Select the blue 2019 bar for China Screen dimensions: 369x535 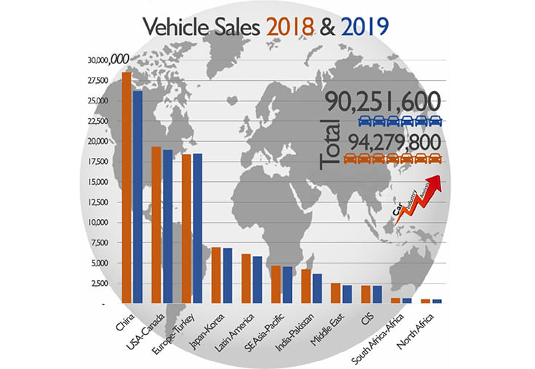pyautogui.click(x=138, y=197)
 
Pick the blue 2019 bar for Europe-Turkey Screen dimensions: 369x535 pyautogui.click(x=197, y=228)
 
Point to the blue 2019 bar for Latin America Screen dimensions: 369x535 pyautogui.click(x=257, y=279)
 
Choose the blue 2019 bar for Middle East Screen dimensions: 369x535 pyautogui.click(x=346, y=293)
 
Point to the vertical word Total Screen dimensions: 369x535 pyautogui.click(x=333, y=146)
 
